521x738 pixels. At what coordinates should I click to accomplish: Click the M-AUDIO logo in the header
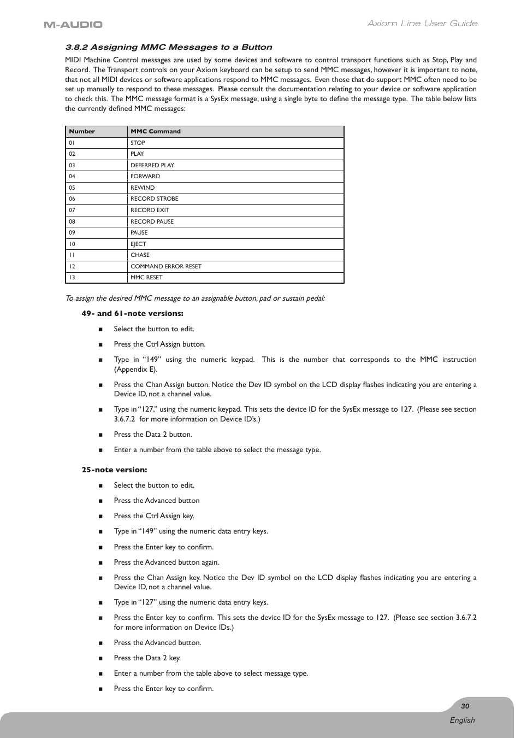pos(73,24)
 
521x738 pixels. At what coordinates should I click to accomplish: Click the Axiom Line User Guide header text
pos(422,24)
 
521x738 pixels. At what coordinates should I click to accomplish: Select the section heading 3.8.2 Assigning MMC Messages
pos(169,47)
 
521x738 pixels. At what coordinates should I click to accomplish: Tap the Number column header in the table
pos(82,132)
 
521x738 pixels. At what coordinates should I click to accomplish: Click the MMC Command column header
pos(156,132)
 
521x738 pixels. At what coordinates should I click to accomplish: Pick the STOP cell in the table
pos(138,143)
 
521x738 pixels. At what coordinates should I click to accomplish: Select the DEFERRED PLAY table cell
pos(152,165)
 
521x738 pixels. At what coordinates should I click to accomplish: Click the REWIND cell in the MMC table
pos(143,188)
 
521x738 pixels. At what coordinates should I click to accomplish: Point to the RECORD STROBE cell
pos(154,199)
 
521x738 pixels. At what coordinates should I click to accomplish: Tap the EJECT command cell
pos(138,244)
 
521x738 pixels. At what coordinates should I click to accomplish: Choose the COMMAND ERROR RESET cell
pos(166,266)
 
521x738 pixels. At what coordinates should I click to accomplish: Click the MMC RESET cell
pos(146,278)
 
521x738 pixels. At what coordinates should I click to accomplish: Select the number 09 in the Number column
pos(72,233)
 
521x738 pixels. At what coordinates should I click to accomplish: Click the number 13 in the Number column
pos(72,278)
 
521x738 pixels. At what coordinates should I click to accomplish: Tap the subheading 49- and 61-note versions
pos(132,314)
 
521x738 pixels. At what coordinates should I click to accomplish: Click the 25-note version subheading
pos(114,470)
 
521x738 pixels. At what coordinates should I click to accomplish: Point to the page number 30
pos(465,706)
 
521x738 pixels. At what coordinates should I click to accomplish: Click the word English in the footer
pos(462,720)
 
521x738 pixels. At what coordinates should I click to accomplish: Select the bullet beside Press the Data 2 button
pos(100,435)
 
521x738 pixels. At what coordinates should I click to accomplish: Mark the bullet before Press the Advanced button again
pos(100,563)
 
